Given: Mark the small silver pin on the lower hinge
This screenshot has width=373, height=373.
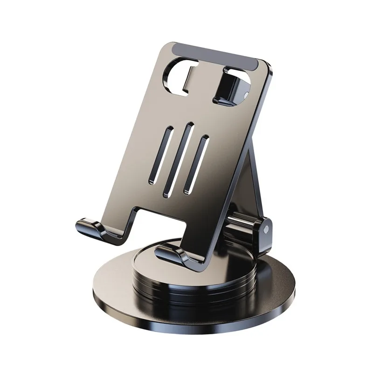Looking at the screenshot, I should [x=266, y=230].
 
